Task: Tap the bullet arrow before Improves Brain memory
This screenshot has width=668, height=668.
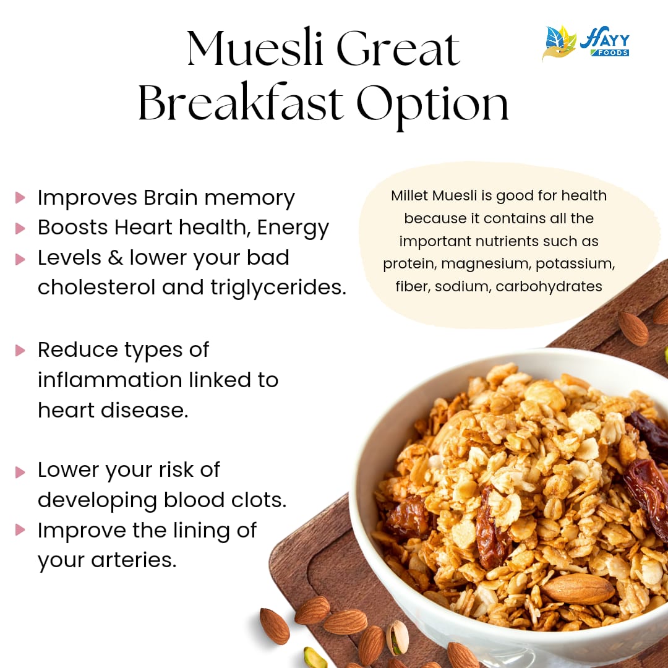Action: point(20,198)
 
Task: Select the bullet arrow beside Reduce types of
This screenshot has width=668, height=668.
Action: point(20,350)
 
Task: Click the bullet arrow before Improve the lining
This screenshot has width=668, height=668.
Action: point(20,530)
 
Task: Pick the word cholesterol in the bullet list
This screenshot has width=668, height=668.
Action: point(98,287)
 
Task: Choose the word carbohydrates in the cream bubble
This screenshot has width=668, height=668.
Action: point(549,286)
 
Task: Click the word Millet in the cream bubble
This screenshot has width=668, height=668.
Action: point(409,196)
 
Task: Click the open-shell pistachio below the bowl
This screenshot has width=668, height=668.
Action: point(397,637)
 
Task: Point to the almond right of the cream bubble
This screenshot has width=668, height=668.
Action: point(633,328)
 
